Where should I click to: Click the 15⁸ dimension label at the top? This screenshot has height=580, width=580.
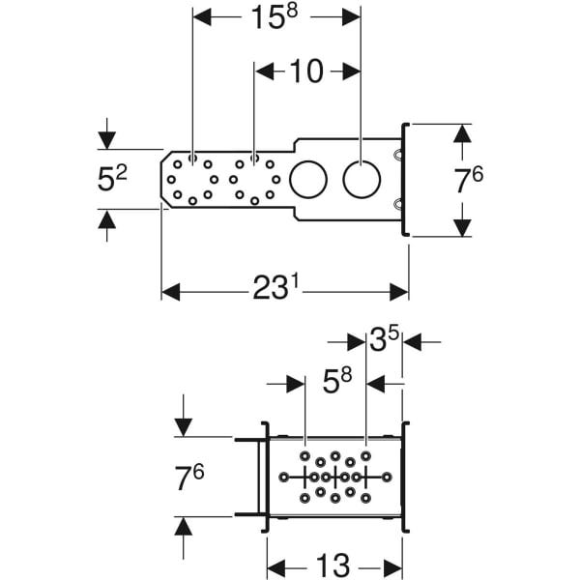[x=276, y=19]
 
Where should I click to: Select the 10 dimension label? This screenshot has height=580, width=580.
[x=307, y=72]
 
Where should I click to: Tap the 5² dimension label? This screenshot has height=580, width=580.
[x=113, y=180]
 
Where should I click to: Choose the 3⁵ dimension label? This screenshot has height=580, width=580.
[x=384, y=340]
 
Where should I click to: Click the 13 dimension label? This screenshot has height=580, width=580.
[x=334, y=565]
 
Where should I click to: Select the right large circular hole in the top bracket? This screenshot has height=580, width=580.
[x=360, y=180]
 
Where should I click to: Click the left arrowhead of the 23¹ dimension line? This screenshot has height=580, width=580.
[x=171, y=291]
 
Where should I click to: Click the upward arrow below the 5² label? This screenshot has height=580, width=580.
[x=106, y=219]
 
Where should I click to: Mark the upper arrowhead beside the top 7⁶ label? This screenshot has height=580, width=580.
[x=462, y=134]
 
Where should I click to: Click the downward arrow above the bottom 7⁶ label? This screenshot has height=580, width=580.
[x=185, y=426]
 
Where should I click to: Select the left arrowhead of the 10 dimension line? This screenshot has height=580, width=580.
[x=264, y=72]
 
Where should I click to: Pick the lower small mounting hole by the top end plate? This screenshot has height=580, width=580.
[x=397, y=203]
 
